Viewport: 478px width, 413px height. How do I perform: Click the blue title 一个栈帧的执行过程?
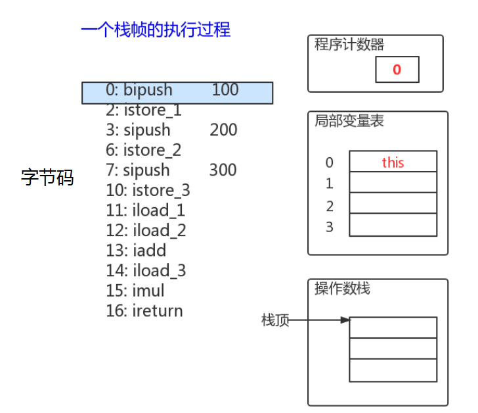tap(156, 30)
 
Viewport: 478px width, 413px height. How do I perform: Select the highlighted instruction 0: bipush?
tap(139, 90)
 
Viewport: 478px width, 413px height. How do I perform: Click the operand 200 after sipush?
tap(223, 130)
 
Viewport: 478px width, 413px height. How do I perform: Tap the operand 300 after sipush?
tap(223, 170)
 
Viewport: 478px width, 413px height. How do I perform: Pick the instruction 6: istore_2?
tap(143, 150)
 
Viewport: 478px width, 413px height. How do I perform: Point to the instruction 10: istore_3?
tap(147, 191)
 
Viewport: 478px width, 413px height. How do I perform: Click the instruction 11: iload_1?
tap(145, 210)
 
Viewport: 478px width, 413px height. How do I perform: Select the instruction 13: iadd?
tap(136, 251)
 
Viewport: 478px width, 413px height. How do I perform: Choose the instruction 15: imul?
tap(135, 291)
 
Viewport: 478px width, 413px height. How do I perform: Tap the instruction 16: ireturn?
tap(144, 310)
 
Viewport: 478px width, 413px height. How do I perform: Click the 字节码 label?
tap(47, 178)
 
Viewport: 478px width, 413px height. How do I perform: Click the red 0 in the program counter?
tap(397, 70)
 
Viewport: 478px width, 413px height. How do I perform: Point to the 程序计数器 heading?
tap(349, 45)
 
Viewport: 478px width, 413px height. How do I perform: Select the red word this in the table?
tap(393, 162)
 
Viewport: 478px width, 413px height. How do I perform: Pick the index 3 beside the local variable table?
tap(330, 228)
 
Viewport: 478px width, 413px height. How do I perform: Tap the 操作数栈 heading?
tap(342, 289)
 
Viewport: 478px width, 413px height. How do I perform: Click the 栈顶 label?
tap(275, 321)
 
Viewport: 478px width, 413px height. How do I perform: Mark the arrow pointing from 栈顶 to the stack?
tap(319, 321)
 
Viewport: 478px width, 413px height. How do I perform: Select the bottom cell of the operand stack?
tap(393, 370)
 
